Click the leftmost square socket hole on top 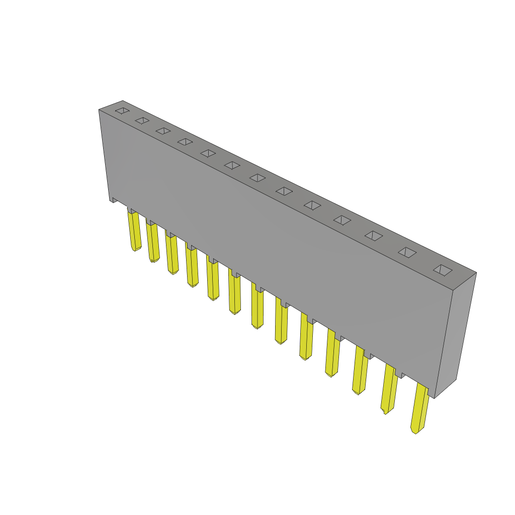point(122,111)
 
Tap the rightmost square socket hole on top point(443,270)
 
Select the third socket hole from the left point(163,131)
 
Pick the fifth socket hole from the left point(208,153)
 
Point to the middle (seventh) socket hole point(257,178)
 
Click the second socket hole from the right point(407,252)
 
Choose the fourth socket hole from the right point(342,220)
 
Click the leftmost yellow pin point(134,230)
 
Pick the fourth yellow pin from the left point(192,267)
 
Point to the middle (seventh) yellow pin point(257,308)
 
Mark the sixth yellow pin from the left point(234,294)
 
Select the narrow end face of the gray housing point(455,334)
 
